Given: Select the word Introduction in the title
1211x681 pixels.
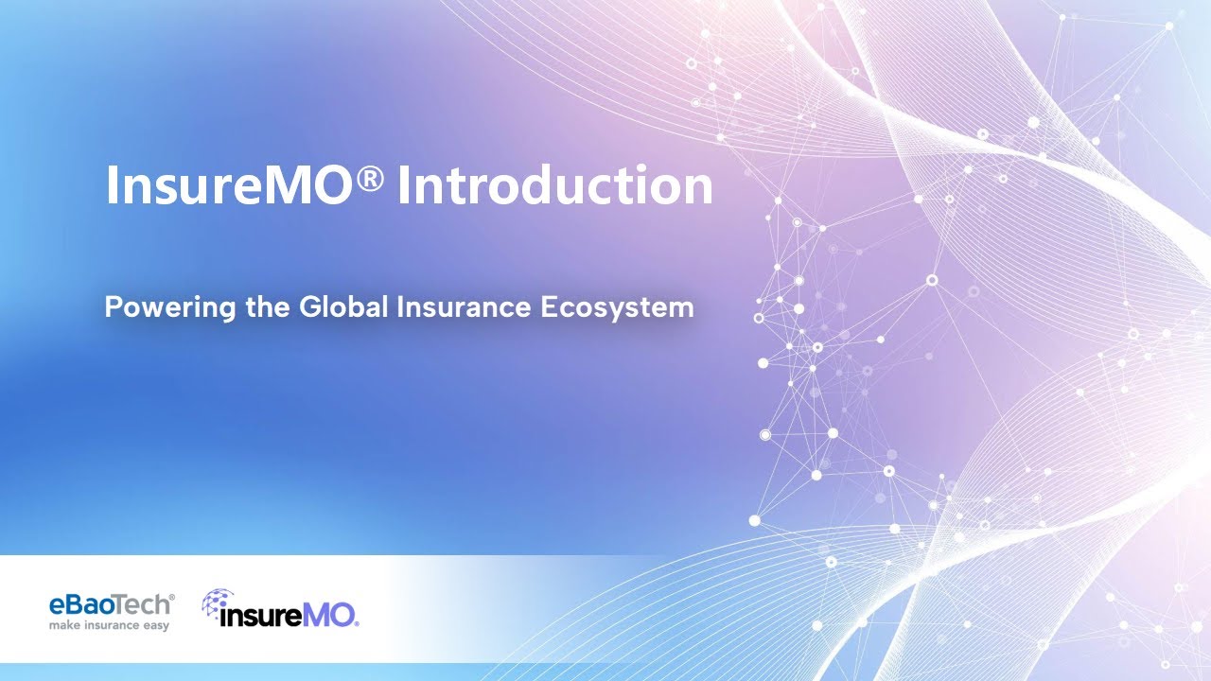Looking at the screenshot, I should (554, 185).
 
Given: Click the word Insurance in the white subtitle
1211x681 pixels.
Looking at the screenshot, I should (450, 308).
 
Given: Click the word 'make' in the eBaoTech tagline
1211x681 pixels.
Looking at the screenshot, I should (64, 625).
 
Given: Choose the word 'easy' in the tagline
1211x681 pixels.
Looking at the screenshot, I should (156, 625).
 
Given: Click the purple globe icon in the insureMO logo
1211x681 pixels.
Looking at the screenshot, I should (217, 603).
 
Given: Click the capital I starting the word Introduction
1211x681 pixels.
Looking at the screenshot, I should (403, 185).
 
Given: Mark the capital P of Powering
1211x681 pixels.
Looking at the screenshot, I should (112, 308).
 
